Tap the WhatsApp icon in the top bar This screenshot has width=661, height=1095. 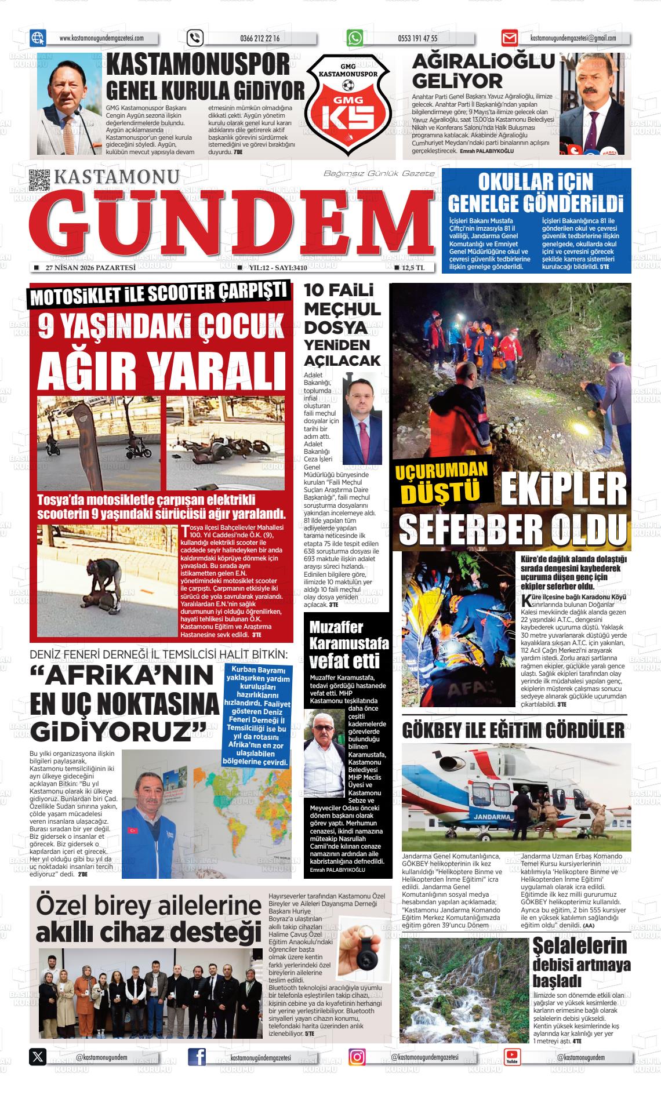coord(355,38)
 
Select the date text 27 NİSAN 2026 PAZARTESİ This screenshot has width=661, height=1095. coord(90,268)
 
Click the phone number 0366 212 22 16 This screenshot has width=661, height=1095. coord(259,39)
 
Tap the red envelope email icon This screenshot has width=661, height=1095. coord(510,38)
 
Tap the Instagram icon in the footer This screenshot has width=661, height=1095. coord(357,1056)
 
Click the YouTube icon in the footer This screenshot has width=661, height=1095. coord(512,1056)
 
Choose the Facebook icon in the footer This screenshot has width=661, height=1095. coord(197,1056)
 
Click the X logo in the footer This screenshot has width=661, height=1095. coord(38,1056)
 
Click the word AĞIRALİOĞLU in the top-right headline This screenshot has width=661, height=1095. coord(483,61)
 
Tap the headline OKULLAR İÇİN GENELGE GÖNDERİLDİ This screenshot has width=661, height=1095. coord(536,193)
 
